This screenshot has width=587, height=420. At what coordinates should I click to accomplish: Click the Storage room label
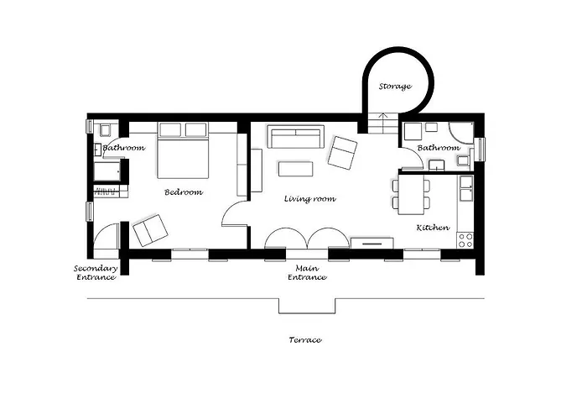tap(395, 87)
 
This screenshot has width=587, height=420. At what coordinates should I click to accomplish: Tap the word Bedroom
tap(184, 192)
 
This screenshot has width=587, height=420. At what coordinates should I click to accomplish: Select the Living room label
tap(310, 199)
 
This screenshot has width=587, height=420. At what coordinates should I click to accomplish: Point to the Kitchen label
tap(433, 228)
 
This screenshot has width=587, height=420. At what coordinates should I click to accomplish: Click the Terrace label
tap(305, 340)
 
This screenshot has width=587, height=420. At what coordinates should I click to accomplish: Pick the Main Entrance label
tap(307, 273)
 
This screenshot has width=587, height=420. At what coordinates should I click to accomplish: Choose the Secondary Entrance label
tap(96, 273)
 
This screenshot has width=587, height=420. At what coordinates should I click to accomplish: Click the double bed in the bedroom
tap(183, 150)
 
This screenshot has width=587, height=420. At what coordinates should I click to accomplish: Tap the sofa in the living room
tap(296, 137)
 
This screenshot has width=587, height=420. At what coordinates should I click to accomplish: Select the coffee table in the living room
tap(296, 169)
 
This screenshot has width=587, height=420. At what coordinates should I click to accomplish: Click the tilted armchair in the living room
tap(342, 153)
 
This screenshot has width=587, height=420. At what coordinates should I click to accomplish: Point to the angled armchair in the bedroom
tap(150, 230)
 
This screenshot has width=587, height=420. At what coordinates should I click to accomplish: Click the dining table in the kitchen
tap(411, 195)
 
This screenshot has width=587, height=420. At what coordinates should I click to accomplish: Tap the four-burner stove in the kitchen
tap(465, 240)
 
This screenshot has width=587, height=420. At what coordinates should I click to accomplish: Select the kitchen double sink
tap(466, 188)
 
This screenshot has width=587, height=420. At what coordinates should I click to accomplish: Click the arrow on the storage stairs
tap(382, 119)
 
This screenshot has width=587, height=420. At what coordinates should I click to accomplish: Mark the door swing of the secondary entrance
tap(106, 236)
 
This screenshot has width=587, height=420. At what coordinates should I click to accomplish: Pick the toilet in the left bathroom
tap(105, 129)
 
